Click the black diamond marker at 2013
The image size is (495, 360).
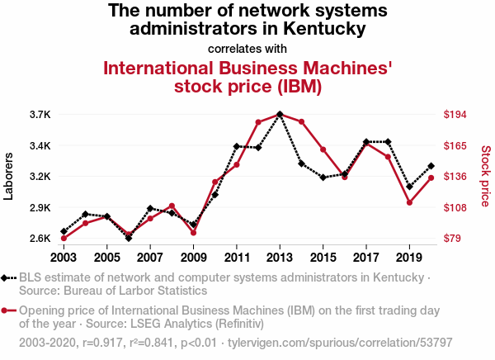280,114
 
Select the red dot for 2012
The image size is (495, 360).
258,122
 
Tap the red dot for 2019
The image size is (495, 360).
409,202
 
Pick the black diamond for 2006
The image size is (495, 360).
129,238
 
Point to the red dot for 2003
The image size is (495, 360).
64,239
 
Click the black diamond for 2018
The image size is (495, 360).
388,141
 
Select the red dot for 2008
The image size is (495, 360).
172,206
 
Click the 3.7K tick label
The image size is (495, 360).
40,115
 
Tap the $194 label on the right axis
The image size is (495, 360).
455,115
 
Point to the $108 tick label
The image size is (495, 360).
455,207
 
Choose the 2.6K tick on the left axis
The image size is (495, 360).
40,239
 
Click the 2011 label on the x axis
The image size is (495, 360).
237,258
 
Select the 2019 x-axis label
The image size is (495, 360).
409,258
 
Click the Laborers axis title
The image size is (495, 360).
8,177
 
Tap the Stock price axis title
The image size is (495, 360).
486,176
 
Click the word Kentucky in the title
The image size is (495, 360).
324,28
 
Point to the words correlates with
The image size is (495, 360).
247,49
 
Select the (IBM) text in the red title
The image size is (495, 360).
299,86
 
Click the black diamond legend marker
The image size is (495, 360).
4,278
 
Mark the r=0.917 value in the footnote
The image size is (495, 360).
102,343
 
